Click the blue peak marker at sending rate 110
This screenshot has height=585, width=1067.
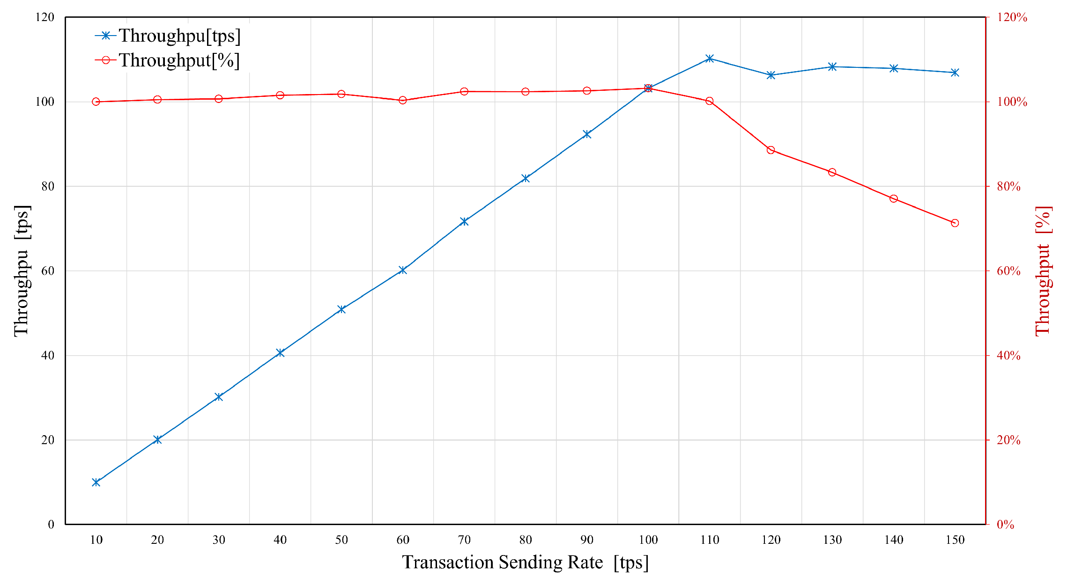(710, 58)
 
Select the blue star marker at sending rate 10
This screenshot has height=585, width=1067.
(96, 482)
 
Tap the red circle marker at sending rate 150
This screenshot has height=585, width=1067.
(955, 223)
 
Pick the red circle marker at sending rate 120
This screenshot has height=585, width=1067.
(771, 150)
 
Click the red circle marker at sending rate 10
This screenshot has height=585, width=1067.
(96, 102)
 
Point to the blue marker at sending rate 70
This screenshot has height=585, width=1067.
(464, 221)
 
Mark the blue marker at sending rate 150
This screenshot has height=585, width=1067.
(955, 73)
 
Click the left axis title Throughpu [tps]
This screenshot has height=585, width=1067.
(22, 271)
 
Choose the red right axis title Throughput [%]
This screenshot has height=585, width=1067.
(1044, 271)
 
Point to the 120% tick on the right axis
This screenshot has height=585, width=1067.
(1012, 17)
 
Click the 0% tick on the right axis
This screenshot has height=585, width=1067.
(1005, 525)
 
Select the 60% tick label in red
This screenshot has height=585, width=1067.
(1008, 271)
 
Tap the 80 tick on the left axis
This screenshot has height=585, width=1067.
(48, 186)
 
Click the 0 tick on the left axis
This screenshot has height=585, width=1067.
(51, 525)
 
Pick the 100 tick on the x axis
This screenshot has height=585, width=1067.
(648, 540)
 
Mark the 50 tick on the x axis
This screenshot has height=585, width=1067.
(341, 540)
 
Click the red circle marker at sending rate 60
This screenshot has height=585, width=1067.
(403, 100)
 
